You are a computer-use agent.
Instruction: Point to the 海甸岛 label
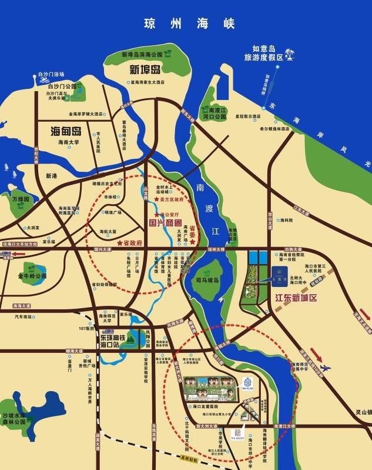tap(65, 131)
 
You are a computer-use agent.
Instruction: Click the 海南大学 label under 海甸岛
tap(68, 142)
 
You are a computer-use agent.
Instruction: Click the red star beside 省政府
tap(120, 242)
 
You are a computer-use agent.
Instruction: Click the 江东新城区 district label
tap(296, 298)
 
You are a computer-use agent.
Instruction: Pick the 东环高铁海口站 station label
tap(115, 341)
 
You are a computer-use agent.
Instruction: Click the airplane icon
tap(325, 368)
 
